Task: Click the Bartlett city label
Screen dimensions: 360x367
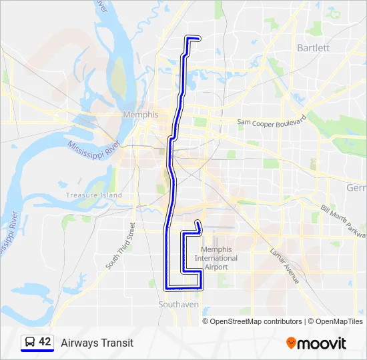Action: [313, 48]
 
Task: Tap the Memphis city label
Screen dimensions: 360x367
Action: [141, 115]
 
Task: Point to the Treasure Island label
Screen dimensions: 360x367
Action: [94, 195]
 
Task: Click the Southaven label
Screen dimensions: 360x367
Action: [178, 304]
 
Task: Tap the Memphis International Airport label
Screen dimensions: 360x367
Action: [216, 258]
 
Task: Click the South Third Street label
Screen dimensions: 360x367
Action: [120, 245]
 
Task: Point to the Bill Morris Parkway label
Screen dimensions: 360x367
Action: [343, 221]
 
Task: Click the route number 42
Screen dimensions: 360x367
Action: [45, 342]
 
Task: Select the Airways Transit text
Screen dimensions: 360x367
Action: [97, 343]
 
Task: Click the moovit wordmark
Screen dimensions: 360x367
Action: [322, 343]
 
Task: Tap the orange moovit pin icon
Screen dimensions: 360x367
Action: [291, 343]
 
